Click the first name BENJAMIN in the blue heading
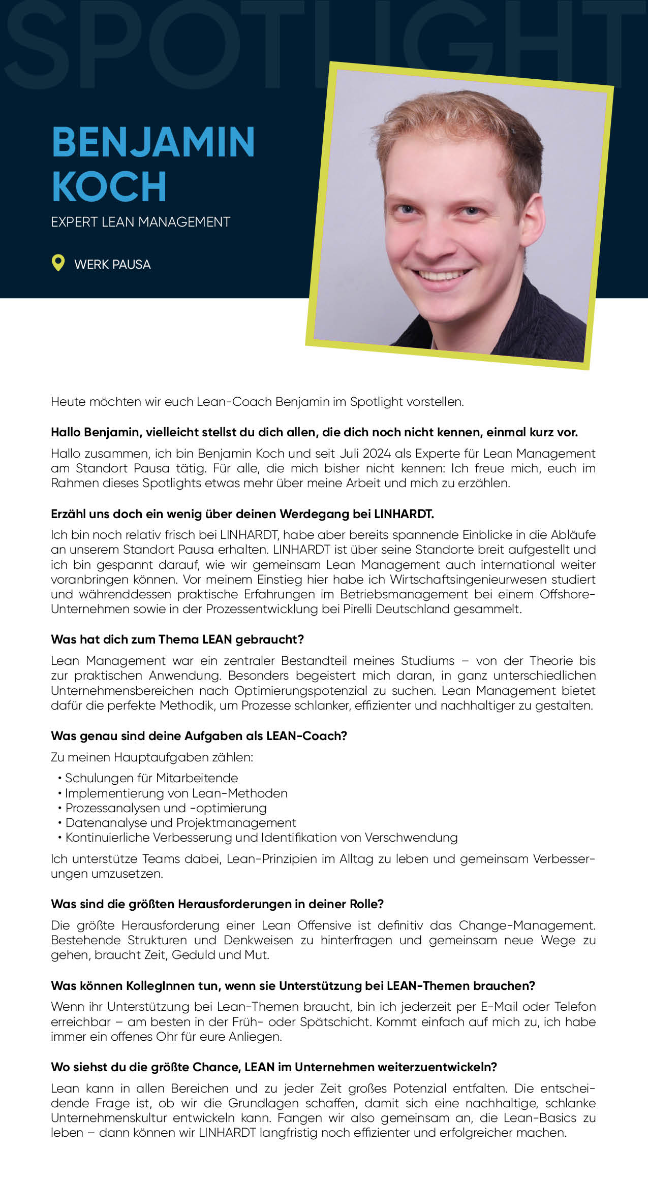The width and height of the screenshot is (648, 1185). [153, 142]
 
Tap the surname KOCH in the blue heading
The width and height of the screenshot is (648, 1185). [109, 186]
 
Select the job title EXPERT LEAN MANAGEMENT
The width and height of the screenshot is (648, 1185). [140, 222]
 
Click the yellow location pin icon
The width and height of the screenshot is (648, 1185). [58, 263]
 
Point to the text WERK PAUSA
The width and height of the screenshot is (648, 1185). [112, 265]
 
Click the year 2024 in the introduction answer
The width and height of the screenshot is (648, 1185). [377, 454]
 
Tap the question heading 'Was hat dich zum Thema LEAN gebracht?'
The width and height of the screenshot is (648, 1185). [177, 639]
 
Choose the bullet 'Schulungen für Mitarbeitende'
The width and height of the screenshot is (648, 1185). [151, 778]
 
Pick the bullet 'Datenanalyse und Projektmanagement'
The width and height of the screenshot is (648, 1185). [180, 823]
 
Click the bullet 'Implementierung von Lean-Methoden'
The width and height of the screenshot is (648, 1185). [176, 793]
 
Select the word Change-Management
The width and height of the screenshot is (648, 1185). [527, 925]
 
